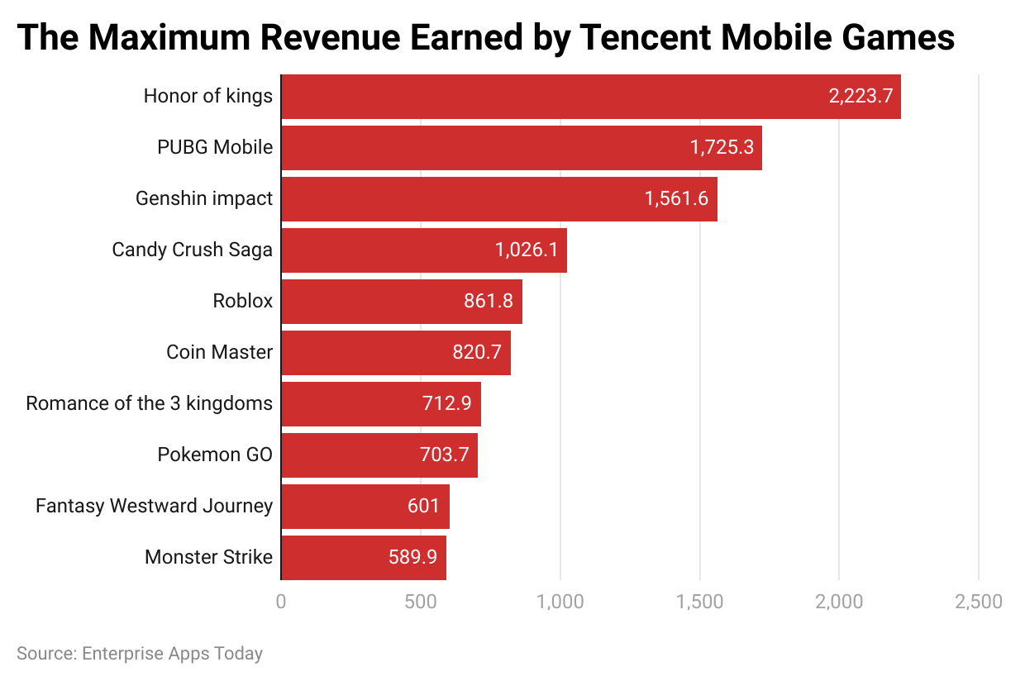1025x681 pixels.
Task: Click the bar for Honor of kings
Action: click(x=591, y=97)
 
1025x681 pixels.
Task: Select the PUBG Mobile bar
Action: click(x=521, y=148)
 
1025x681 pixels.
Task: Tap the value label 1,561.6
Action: click(x=676, y=199)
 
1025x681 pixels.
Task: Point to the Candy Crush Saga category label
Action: click(x=192, y=250)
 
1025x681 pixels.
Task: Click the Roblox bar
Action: click(x=402, y=302)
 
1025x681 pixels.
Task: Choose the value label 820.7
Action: click(x=477, y=352)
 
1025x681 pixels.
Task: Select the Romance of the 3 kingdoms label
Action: click(x=149, y=403)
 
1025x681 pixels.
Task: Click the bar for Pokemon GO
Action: click(x=379, y=455)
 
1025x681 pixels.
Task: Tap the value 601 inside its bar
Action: click(x=423, y=506)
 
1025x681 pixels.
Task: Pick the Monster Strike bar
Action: click(x=364, y=557)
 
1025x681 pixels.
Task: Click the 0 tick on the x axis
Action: click(x=281, y=602)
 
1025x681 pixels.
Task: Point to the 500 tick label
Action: click(x=421, y=602)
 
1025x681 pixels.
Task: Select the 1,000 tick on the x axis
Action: click(x=560, y=602)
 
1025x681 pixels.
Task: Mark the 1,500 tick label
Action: click(x=699, y=602)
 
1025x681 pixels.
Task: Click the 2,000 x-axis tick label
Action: click(x=839, y=602)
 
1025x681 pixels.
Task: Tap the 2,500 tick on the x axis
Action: click(x=979, y=602)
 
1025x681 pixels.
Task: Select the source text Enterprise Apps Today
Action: click(x=172, y=654)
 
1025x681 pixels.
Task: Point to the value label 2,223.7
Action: click(x=861, y=97)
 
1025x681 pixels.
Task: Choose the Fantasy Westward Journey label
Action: click(x=154, y=506)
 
